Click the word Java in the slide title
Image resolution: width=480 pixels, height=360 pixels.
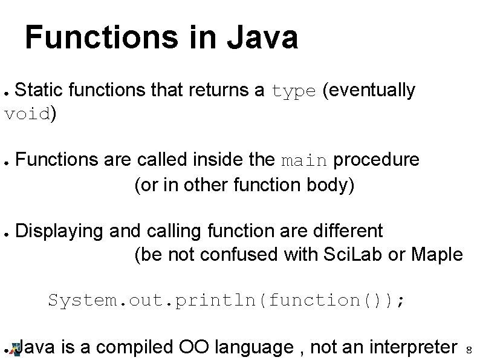pos(261,38)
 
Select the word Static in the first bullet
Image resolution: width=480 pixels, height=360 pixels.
pos(39,91)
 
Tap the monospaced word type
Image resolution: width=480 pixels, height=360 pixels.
pos(294,91)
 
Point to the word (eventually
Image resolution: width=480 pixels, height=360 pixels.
pos(369,91)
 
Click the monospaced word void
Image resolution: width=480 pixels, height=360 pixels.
pos(27,114)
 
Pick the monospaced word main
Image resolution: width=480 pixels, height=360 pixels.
pos(305,161)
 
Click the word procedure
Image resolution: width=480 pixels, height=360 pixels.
pos(376,160)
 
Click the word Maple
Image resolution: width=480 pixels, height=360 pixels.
pos(436,255)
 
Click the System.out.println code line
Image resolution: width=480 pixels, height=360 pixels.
pos(227,300)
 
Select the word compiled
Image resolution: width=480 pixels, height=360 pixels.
pos(135,347)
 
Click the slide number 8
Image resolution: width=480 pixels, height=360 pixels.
pos(469,350)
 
